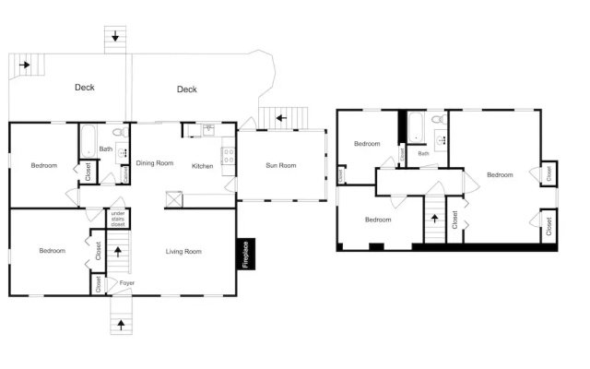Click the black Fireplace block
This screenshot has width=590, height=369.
[246, 254]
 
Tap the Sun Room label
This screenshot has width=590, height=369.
[280, 165]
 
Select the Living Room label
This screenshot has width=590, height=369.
[183, 251]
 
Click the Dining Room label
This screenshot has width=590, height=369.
[155, 163]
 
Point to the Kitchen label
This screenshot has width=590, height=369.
[203, 166]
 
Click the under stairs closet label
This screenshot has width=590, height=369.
[118, 219]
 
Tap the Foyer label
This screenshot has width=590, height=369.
[127, 283]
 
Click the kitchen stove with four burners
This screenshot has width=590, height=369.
[229, 156]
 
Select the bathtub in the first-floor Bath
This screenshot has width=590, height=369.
[88, 141]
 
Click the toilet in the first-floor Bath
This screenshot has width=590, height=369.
[121, 132]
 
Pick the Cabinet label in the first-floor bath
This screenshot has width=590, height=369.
[125, 174]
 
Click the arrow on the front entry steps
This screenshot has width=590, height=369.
[121, 325]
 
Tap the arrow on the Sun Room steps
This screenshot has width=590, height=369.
[281, 118]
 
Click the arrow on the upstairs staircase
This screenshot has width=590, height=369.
[434, 219]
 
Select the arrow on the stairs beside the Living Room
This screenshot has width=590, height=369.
[118, 252]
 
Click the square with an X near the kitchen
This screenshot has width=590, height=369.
[174, 199]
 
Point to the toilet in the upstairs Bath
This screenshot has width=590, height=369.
[439, 120]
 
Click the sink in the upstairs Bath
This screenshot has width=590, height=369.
[441, 140]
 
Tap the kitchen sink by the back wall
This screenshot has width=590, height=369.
[209, 130]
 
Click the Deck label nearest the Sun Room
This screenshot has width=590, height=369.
[187, 89]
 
